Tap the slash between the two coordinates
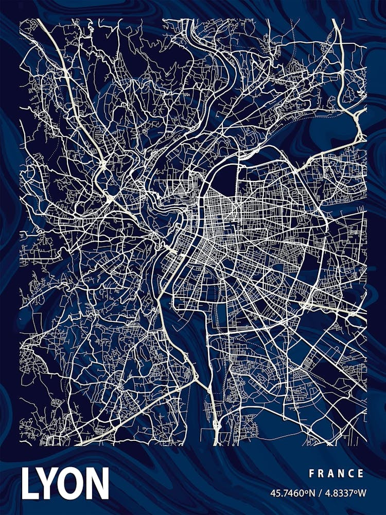tap(320, 493)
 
